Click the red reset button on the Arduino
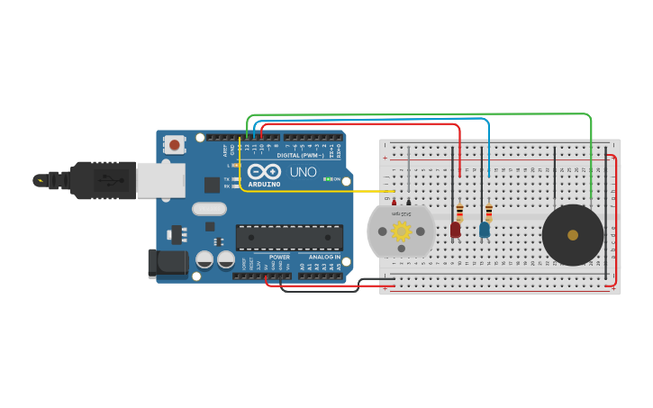point(174,143)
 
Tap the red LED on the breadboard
point(455,230)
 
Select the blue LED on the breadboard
point(485,230)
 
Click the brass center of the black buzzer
point(573,235)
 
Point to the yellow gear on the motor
point(401,231)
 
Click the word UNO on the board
point(303,171)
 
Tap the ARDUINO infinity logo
point(264,172)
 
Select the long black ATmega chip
point(289,238)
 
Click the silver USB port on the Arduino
point(161,180)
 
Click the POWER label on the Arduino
point(279,257)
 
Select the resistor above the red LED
point(459,213)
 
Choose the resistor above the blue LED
point(488,213)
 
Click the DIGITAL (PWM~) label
point(300,155)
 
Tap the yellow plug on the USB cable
point(40,180)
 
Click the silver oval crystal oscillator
point(209,209)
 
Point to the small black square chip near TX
point(212,185)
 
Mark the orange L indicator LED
point(236,165)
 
